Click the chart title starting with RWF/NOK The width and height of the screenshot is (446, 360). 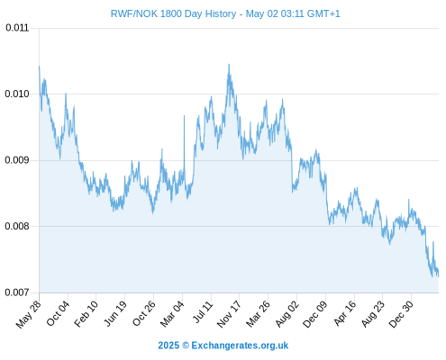pyautogui.click(x=225, y=13)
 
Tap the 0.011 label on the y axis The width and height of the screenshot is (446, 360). pyautogui.click(x=17, y=28)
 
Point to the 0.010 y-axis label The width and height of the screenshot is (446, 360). pyautogui.click(x=17, y=94)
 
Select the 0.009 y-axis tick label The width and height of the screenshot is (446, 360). pyautogui.click(x=17, y=160)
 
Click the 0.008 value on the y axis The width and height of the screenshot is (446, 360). pyautogui.click(x=17, y=226)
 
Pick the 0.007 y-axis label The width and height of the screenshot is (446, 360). pyautogui.click(x=17, y=292)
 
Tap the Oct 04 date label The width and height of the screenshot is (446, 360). pyautogui.click(x=58, y=313)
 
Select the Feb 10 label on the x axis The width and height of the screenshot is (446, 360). pyautogui.click(x=86, y=313)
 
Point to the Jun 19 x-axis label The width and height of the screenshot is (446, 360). pyautogui.click(x=114, y=313)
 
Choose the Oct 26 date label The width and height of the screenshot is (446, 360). pyautogui.click(x=144, y=313)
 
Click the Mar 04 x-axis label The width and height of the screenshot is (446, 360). pyautogui.click(x=172, y=314)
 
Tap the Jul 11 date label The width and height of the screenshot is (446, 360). pyautogui.click(x=203, y=312)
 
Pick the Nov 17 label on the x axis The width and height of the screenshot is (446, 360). pyautogui.click(x=229, y=314)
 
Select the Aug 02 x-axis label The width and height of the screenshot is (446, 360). pyautogui.click(x=287, y=314)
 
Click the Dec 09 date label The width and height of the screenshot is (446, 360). pyautogui.click(x=314, y=314)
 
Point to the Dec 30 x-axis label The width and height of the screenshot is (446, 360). pyautogui.click(x=401, y=314)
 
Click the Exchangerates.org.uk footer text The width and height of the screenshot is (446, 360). pyautogui.click(x=240, y=346)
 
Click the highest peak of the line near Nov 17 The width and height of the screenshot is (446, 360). pyautogui.click(x=229, y=64)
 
